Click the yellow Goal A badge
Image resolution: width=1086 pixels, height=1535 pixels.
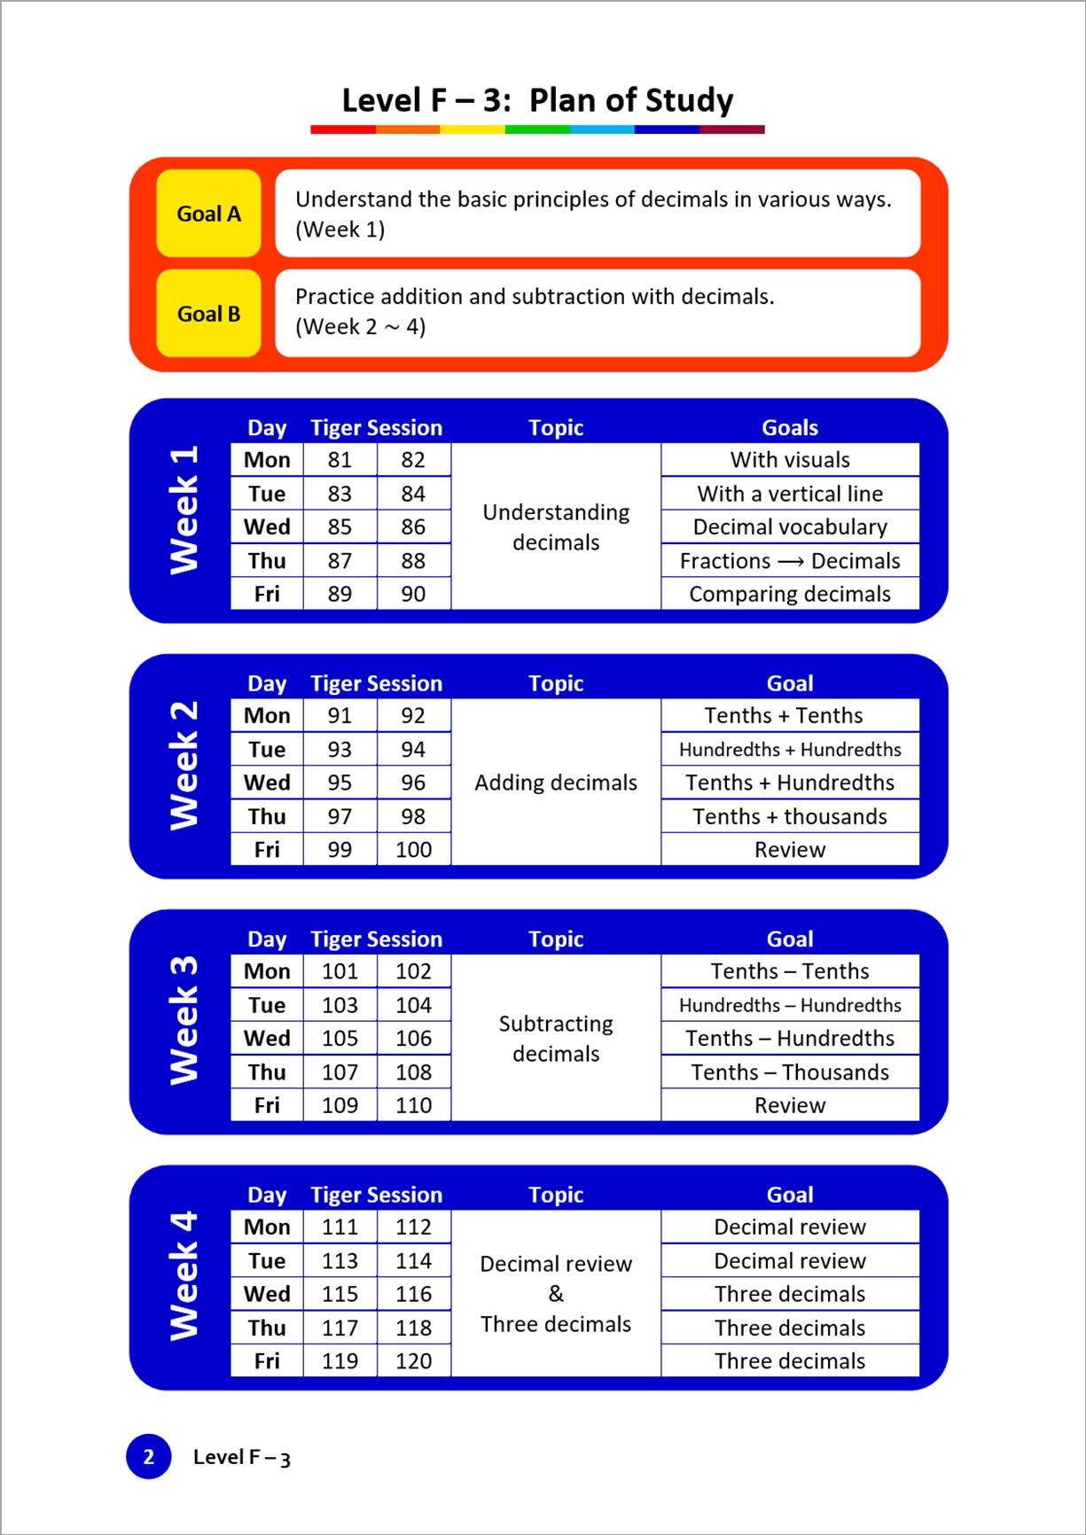[208, 214]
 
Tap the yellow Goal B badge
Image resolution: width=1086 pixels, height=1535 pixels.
[208, 314]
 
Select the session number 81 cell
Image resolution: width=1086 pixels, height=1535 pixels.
[340, 460]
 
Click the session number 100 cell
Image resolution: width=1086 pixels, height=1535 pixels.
[413, 850]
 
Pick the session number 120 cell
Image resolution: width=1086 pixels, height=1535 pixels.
[413, 1361]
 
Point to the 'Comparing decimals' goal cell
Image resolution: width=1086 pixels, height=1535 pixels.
[789, 594]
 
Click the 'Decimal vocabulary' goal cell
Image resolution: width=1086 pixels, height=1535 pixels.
[789, 527]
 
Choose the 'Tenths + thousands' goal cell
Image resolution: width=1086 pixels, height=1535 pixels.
[789, 816]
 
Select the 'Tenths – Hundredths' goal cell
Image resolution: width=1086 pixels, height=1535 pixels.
[789, 1038]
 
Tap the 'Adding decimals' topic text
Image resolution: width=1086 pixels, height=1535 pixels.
[556, 783]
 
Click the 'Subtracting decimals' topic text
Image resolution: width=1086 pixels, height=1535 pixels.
[556, 1039]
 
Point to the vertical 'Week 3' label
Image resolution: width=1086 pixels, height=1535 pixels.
[184, 1020]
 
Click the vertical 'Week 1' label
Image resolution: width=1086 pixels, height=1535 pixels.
[184, 510]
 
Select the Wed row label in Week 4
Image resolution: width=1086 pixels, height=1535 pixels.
[267, 1294]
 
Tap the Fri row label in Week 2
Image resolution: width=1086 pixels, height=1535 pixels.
[267, 850]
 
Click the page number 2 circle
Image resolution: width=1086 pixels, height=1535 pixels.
[149, 1457]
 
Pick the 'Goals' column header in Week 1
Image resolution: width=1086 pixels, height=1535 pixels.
[789, 428]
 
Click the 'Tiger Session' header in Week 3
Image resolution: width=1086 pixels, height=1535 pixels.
[376, 939]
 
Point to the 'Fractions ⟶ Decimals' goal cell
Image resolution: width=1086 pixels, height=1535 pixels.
[789, 561]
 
